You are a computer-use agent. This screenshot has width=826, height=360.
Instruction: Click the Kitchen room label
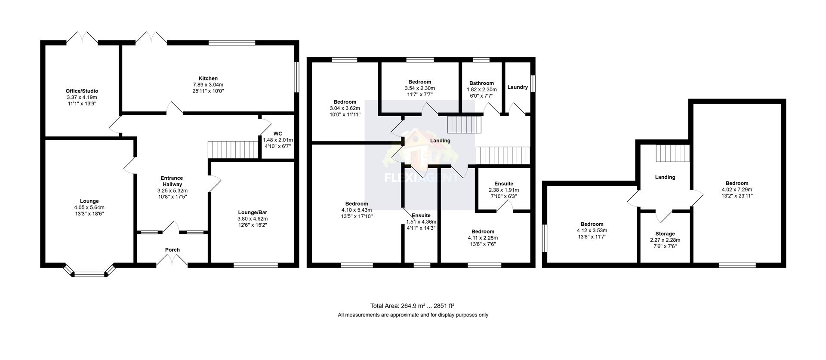(208, 78)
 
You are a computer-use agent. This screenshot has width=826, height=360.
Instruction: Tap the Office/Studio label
(82, 91)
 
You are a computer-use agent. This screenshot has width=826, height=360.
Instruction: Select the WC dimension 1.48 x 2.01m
(277, 140)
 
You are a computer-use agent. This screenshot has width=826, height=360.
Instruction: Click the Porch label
(172, 250)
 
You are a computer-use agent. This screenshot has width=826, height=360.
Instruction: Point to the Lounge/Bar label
(253, 212)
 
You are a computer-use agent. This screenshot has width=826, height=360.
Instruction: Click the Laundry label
(517, 87)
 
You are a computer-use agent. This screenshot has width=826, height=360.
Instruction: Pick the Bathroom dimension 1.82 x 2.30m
(481, 89)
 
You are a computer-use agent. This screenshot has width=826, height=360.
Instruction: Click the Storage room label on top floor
(665, 234)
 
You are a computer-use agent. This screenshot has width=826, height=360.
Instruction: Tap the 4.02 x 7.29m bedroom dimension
(737, 189)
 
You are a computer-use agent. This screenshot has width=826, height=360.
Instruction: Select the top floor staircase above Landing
(672, 153)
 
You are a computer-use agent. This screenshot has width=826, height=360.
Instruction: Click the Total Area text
(412, 306)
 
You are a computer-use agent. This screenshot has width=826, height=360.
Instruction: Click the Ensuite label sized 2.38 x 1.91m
(503, 184)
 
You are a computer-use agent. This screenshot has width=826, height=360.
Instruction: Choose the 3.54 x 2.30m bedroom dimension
(419, 88)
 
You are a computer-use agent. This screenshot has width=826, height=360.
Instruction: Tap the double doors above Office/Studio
(82, 38)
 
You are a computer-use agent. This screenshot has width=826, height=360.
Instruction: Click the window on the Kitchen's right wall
(296, 77)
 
